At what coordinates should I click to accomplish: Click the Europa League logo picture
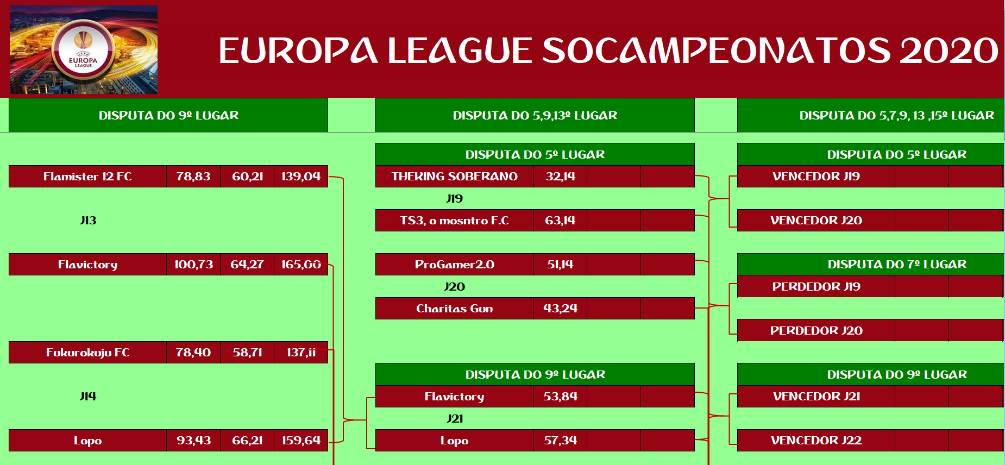pyautogui.click(x=84, y=49)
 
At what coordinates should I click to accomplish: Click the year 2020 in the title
pyautogui.click(x=949, y=51)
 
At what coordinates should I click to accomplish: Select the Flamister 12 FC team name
pyautogui.click(x=87, y=177)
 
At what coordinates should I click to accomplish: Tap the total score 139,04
pyautogui.click(x=301, y=177)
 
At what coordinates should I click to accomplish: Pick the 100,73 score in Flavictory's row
pyautogui.click(x=193, y=265)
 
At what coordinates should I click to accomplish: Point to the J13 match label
pyautogui.click(x=88, y=221)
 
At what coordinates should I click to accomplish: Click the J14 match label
pyautogui.click(x=88, y=397)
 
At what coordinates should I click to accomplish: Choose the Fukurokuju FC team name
pyautogui.click(x=87, y=353)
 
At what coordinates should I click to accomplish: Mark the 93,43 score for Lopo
pyautogui.click(x=193, y=441)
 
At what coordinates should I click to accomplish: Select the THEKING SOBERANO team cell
pyautogui.click(x=454, y=177)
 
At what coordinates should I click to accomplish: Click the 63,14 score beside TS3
pyautogui.click(x=560, y=221)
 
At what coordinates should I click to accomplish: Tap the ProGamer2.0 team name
pyautogui.click(x=454, y=265)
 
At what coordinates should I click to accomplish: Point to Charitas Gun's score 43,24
pyautogui.click(x=560, y=309)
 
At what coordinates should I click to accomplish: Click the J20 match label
pyautogui.click(x=455, y=287)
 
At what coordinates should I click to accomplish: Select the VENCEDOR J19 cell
pyautogui.click(x=816, y=177)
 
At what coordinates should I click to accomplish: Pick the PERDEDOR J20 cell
pyautogui.click(x=816, y=330)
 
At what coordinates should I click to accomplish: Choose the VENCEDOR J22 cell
pyautogui.click(x=816, y=441)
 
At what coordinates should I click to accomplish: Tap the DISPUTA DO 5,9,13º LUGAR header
pyautogui.click(x=535, y=115)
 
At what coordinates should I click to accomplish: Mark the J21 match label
pyautogui.click(x=455, y=419)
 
